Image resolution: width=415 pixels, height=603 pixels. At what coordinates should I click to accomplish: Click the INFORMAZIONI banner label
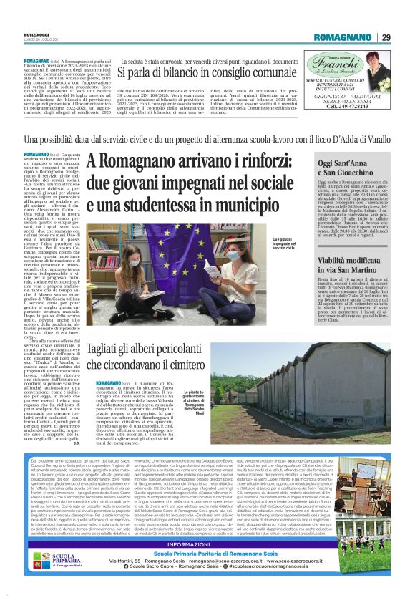tap(207, 544)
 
